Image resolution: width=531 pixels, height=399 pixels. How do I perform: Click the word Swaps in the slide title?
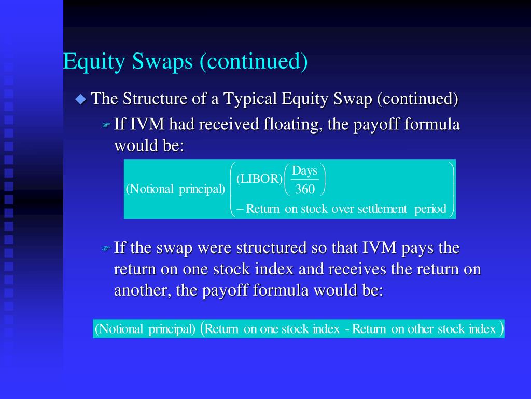[x=163, y=62]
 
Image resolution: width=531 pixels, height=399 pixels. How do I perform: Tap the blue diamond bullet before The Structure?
[x=80, y=99]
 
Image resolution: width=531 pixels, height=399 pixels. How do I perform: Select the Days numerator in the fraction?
[x=304, y=171]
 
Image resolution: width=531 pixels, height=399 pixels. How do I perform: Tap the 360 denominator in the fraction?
[x=304, y=190]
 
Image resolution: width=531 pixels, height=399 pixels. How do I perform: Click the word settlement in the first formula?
[x=382, y=209]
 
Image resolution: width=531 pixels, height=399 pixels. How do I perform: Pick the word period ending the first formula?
[x=430, y=209]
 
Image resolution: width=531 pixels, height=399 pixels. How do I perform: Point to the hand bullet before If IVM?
[x=106, y=126]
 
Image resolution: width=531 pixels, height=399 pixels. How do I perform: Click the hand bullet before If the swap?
[x=106, y=249]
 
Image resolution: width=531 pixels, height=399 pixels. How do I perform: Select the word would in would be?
[x=130, y=146]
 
